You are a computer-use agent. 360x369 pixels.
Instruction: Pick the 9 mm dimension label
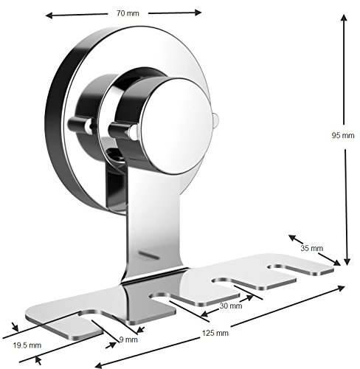[x=129, y=339]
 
